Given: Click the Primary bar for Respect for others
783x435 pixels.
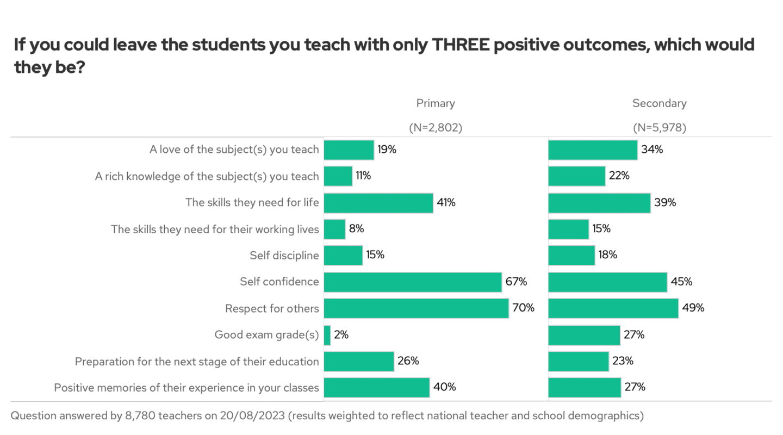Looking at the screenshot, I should (x=416, y=308).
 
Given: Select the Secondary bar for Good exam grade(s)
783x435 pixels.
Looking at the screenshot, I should (x=584, y=335).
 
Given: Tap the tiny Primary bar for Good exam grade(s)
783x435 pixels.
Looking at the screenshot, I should (x=327, y=335).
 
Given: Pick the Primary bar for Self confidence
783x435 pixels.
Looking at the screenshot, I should (x=412, y=282).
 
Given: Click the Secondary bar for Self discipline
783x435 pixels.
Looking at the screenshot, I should (x=571, y=255).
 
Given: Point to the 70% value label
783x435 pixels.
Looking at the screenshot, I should (x=523, y=308).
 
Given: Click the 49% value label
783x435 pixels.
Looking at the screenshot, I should (x=693, y=308).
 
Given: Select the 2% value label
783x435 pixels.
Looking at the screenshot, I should (x=341, y=335).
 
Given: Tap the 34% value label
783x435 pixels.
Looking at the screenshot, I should (x=652, y=150).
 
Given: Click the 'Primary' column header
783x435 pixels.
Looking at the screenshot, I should (x=436, y=103).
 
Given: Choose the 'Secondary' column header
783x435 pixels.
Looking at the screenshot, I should (x=659, y=103).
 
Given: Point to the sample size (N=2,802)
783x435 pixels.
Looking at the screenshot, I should (x=436, y=128).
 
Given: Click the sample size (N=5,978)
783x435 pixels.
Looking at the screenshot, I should (x=659, y=128).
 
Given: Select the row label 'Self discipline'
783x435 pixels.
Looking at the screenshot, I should (x=284, y=256).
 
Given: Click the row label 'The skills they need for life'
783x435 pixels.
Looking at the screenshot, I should (x=252, y=203).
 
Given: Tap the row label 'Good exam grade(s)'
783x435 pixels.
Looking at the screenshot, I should (x=266, y=335).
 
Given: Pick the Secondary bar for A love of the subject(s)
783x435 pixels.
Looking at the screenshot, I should (x=593, y=150).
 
